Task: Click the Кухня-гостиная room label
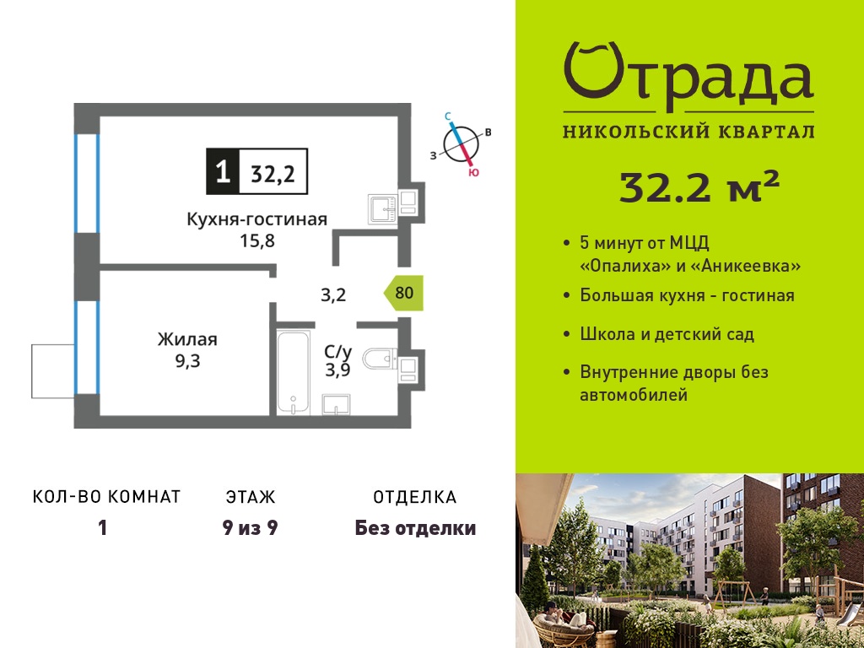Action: (257, 219)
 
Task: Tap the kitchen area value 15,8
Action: (257, 240)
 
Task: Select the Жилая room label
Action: (187, 339)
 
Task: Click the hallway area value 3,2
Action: (333, 295)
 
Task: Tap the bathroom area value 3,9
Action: (337, 370)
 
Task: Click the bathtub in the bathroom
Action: (293, 372)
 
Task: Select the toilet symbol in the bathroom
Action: (380, 359)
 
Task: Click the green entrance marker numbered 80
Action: (404, 293)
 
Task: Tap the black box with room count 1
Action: (223, 171)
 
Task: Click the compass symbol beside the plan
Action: (462, 144)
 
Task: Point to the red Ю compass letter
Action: (473, 172)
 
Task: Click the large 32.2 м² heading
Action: (699, 186)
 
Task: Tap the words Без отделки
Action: (415, 528)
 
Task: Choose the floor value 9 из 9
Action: (250, 528)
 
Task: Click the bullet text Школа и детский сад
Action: (667, 334)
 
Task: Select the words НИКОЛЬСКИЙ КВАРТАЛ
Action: (688, 132)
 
